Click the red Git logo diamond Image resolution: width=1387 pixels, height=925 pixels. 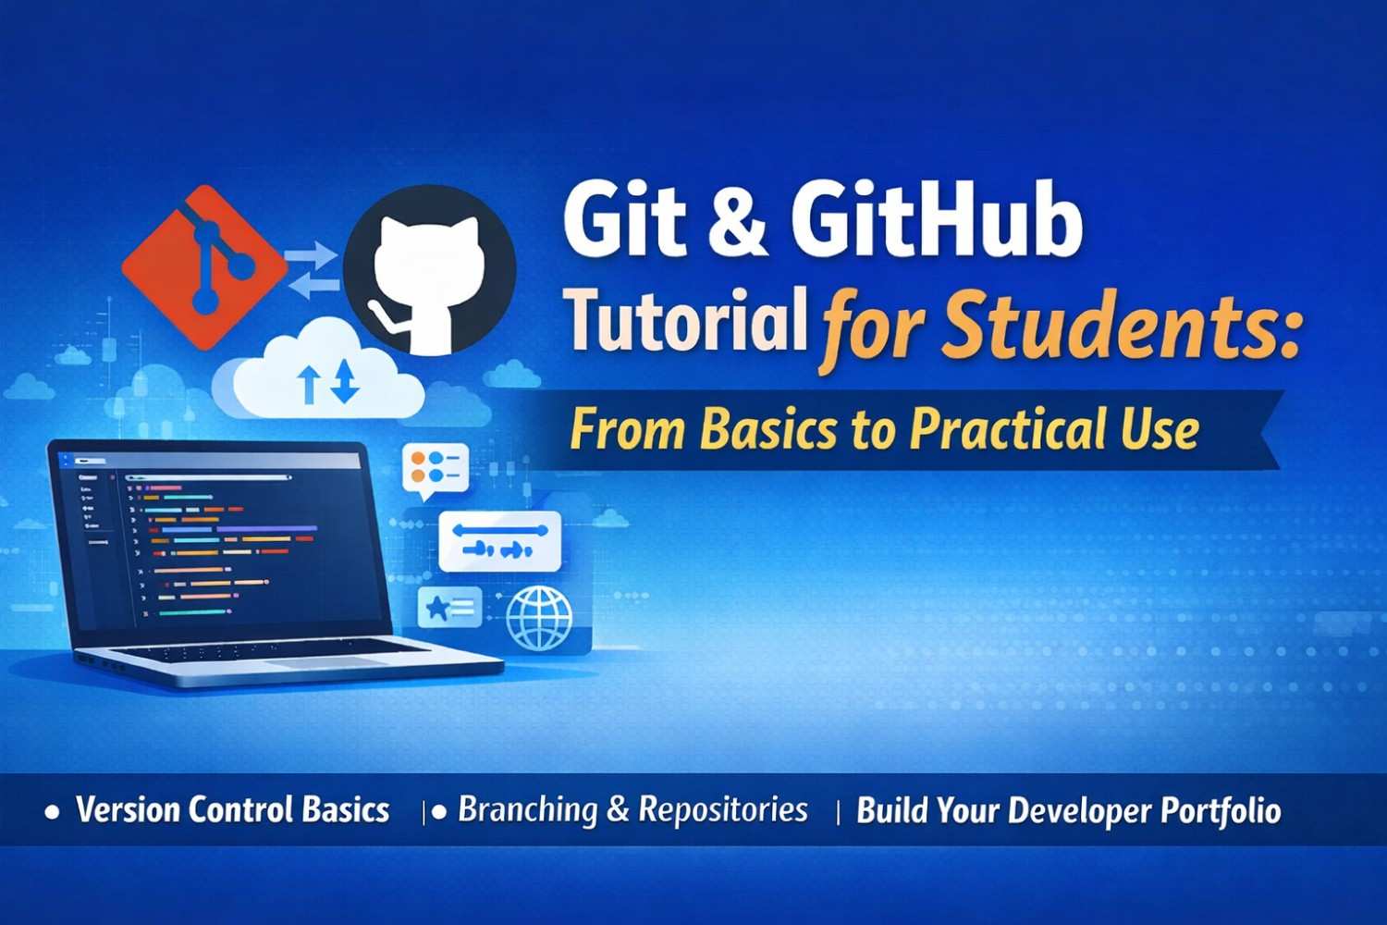tap(205, 266)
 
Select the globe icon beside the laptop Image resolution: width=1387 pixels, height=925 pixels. tap(539, 617)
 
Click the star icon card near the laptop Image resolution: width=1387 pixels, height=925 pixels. tap(449, 608)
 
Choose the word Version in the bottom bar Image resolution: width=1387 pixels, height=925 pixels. tap(128, 810)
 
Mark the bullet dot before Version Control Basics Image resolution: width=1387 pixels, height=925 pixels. tap(53, 812)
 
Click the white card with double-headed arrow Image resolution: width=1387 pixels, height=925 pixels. tap(499, 540)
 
